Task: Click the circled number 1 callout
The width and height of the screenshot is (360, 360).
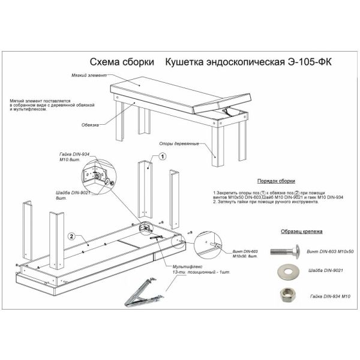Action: pos(161,156)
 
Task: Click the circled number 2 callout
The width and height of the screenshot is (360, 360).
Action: pos(71,236)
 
